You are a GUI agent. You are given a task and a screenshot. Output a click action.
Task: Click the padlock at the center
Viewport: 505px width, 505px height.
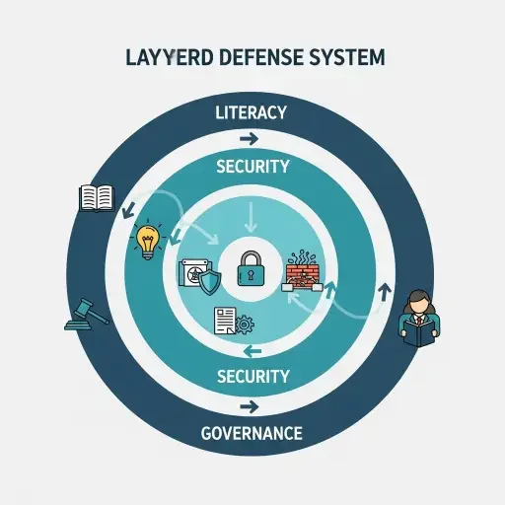[252, 267]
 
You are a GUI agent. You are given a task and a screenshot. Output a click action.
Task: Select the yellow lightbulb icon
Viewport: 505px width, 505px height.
[148, 241]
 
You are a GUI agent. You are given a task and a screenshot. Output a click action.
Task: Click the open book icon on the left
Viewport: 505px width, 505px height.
[97, 197]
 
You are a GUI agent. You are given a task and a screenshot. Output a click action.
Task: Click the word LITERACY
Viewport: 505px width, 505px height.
[252, 112]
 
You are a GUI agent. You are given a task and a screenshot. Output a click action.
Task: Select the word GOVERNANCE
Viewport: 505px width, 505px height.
[252, 433]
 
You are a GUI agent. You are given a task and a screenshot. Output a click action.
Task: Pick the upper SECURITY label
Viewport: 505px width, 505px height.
[252, 167]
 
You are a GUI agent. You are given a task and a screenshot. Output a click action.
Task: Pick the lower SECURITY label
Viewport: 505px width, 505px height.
[252, 376]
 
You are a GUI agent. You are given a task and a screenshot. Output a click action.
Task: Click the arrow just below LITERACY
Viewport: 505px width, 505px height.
[252, 137]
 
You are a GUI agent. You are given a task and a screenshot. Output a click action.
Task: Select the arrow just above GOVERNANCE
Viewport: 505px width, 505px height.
[252, 405]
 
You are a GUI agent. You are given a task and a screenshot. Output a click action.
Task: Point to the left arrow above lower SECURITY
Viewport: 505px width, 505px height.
[252, 349]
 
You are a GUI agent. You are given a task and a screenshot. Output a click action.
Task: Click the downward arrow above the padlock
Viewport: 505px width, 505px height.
[252, 213]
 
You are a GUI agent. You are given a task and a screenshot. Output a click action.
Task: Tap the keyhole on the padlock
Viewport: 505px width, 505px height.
[252, 272]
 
